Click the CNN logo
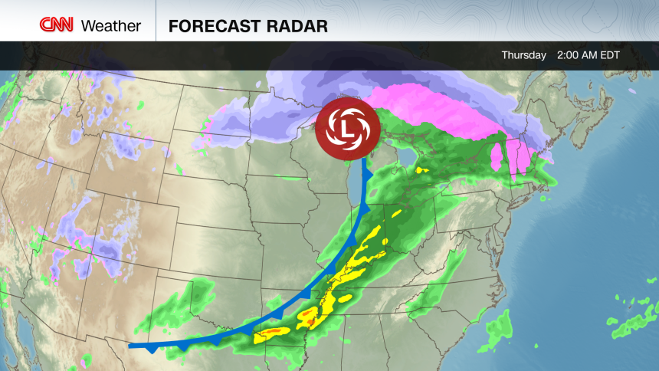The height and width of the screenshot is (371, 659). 57,25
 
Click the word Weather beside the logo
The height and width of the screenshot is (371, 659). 110,25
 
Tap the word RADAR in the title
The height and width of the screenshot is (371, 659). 295,25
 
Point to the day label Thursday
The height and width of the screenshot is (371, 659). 523,55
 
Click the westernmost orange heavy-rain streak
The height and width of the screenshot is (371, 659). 271,331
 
